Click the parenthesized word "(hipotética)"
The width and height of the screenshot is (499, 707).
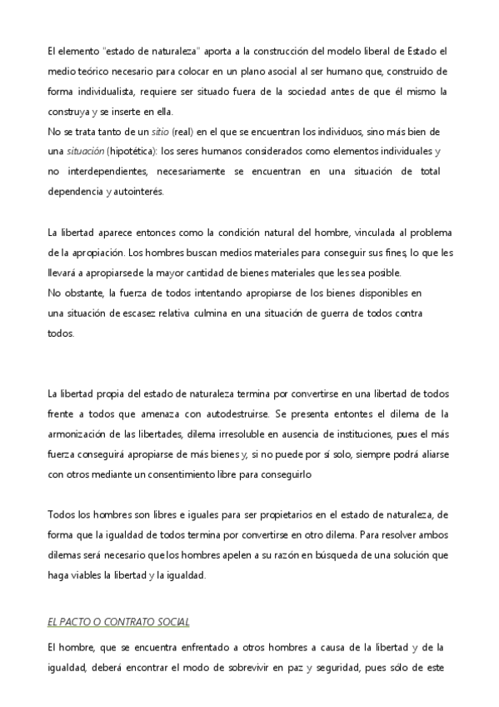(x=133, y=151)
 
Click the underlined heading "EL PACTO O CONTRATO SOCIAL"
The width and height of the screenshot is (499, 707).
(x=119, y=623)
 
